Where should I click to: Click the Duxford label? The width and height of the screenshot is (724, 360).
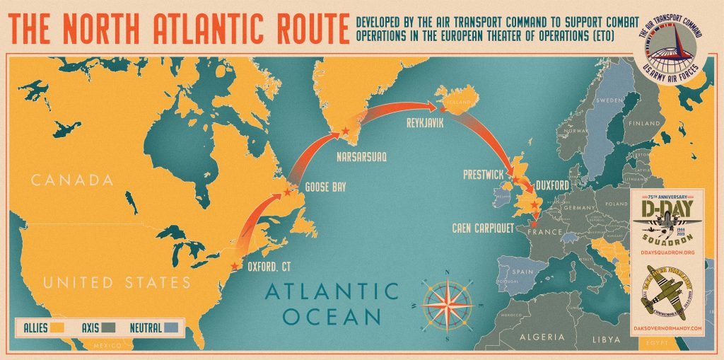click(553, 185)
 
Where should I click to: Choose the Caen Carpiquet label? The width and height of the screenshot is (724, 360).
click(482, 228)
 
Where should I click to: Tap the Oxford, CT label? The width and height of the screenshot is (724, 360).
click(270, 267)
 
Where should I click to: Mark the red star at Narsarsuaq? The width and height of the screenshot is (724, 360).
click(345, 132)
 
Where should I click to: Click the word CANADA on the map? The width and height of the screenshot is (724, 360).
click(72, 180)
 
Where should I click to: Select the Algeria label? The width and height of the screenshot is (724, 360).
click(542, 337)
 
